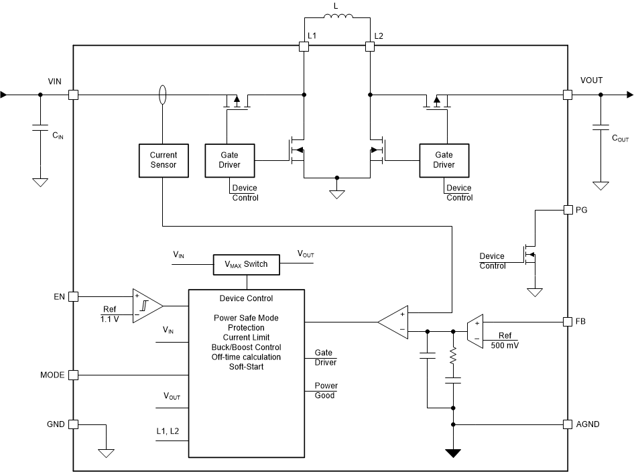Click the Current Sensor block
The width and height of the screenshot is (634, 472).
[x=164, y=160]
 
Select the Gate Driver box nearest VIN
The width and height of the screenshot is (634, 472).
[x=230, y=160]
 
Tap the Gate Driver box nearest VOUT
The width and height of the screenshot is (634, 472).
[x=444, y=160]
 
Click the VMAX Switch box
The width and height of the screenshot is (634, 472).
[x=246, y=264]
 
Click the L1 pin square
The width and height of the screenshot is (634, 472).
[x=304, y=46]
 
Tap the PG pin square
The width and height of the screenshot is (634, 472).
[x=567, y=210]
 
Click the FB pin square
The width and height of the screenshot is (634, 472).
[x=567, y=322]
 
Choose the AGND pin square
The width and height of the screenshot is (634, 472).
[x=567, y=424]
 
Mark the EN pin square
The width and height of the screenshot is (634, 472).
[x=73, y=296]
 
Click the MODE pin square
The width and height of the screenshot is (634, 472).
[x=73, y=375]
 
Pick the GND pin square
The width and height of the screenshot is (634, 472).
[x=73, y=424]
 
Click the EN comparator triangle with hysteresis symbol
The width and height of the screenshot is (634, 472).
[x=146, y=306]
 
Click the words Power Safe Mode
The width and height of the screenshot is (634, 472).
[x=246, y=318]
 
